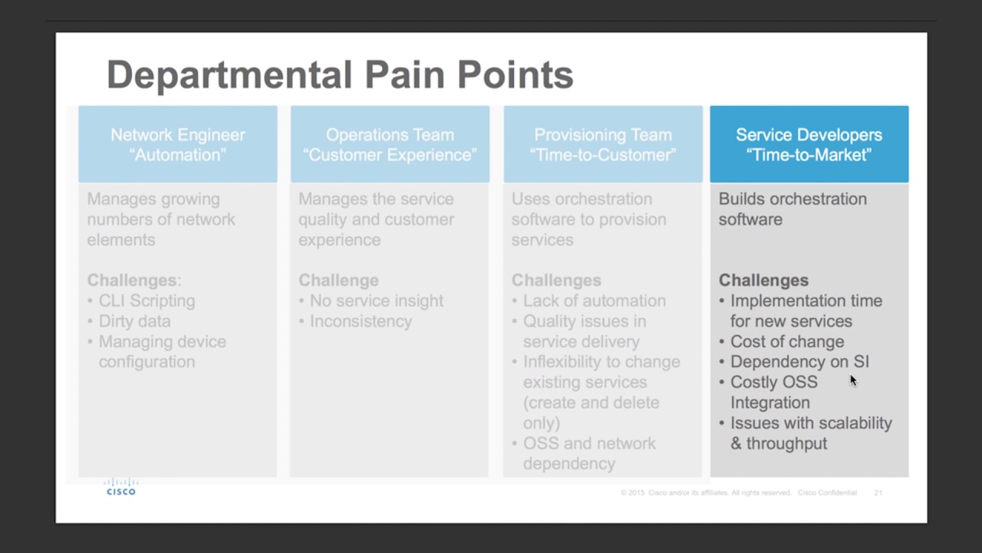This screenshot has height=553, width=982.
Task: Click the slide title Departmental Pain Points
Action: tap(339, 75)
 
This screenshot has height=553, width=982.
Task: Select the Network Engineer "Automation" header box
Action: tap(178, 144)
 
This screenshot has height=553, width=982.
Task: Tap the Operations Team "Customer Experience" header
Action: tap(390, 144)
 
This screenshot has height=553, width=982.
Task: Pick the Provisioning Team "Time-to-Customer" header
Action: tap(603, 144)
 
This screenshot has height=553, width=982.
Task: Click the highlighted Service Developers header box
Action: tap(809, 144)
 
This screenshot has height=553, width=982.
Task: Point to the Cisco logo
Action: tap(121, 487)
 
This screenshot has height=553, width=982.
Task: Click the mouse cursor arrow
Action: tap(852, 380)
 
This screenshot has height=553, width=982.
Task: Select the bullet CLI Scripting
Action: tap(147, 301)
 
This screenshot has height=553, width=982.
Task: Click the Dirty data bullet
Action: tap(134, 321)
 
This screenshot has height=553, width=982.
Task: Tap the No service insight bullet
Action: tap(376, 301)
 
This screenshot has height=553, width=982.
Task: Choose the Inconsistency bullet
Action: tap(361, 321)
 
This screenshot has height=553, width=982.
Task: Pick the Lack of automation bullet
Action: tap(594, 301)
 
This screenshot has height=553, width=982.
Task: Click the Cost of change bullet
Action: tap(786, 342)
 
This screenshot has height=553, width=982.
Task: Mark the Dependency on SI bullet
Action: tap(799, 362)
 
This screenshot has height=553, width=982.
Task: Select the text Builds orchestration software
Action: tap(793, 209)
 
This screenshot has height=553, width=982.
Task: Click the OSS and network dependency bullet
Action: tap(588, 453)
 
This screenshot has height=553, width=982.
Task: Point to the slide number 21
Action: tap(878, 492)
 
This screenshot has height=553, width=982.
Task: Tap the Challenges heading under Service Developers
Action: tap(763, 280)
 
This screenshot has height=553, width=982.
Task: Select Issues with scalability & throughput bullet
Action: tap(810, 433)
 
